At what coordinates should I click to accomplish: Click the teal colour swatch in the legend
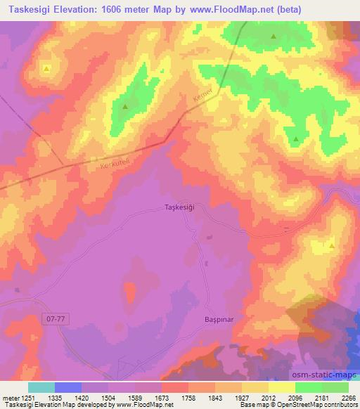click(x=41, y=387)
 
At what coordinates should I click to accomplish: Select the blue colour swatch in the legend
click(x=68, y=387)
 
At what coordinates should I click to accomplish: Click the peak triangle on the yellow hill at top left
click(x=46, y=68)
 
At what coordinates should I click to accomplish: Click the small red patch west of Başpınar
click(x=130, y=292)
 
